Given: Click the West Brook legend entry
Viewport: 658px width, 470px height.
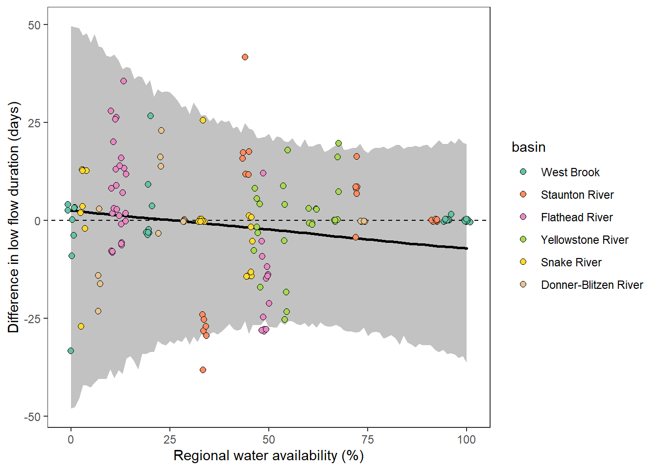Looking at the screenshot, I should pyautogui.click(x=570, y=172).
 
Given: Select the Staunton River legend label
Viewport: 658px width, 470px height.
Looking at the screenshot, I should pyautogui.click(x=577, y=195).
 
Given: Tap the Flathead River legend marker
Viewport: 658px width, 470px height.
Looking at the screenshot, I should pyautogui.click(x=523, y=217).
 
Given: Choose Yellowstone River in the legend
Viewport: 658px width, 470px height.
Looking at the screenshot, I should pyautogui.click(x=584, y=240).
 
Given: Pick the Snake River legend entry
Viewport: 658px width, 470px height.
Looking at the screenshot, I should pyautogui.click(x=571, y=262).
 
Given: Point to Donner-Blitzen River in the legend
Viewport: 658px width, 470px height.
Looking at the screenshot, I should pyautogui.click(x=591, y=285).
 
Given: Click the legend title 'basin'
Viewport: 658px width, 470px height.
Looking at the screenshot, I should pyautogui.click(x=528, y=147).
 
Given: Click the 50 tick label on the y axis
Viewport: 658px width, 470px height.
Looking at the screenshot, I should pyautogui.click(x=34, y=25).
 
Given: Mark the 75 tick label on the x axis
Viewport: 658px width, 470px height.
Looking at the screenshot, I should pyautogui.click(x=367, y=440).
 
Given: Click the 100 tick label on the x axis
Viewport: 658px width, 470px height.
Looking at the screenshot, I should pyautogui.click(x=466, y=440).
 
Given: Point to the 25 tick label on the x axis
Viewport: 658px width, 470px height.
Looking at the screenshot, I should pyautogui.click(x=169, y=440).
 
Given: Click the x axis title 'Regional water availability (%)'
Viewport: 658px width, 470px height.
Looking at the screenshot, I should pyautogui.click(x=268, y=456).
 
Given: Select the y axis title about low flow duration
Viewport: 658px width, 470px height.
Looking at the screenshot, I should pyautogui.click(x=13, y=217).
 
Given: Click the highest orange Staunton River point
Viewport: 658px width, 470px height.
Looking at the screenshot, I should pyautogui.click(x=245, y=57).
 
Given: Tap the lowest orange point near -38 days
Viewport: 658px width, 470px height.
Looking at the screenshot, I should pyautogui.click(x=203, y=370).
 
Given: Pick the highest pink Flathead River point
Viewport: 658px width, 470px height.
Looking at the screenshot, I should pyautogui.click(x=123, y=81).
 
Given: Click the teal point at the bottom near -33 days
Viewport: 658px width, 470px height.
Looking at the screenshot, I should pyautogui.click(x=70, y=351).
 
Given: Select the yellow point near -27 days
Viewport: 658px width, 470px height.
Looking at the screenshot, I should pyautogui.click(x=81, y=327).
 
